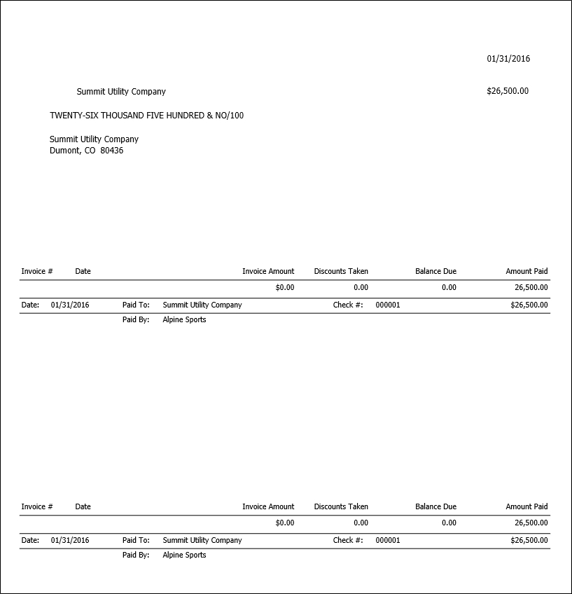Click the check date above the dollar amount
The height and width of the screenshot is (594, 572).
tap(508, 59)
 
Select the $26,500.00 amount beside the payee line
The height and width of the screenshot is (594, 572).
tap(508, 91)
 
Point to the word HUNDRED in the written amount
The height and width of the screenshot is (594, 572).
tap(185, 116)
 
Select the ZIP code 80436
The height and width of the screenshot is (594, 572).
tap(112, 151)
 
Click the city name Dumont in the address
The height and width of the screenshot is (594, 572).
tap(64, 151)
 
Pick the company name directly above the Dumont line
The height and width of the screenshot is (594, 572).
tap(94, 139)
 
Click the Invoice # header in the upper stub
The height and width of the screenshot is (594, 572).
tap(37, 271)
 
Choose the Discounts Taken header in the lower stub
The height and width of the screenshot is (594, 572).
tap(341, 506)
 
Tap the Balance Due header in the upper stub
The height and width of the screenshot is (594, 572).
tap(435, 271)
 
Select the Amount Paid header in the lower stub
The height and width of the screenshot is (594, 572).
tap(526, 506)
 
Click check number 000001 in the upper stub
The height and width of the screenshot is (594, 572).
tap(388, 305)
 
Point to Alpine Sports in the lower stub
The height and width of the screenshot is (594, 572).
tap(184, 555)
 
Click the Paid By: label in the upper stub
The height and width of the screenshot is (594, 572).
tap(136, 320)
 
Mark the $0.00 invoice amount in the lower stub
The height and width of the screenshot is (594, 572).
tap(285, 523)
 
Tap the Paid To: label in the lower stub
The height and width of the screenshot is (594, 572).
tap(136, 540)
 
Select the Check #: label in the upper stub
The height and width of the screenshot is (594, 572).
tap(348, 305)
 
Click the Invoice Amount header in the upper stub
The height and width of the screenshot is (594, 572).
tap(268, 271)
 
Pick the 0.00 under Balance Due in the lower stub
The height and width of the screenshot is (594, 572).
tap(449, 523)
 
